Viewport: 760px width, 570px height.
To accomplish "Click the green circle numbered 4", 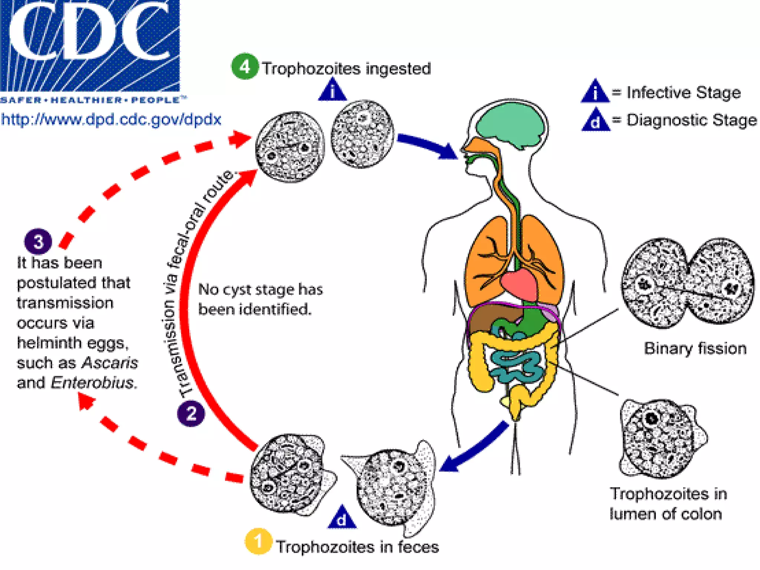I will (x=245, y=67).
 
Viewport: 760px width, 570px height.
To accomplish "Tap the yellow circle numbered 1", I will (x=258, y=541).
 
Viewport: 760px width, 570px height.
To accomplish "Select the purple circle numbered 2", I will (x=191, y=413).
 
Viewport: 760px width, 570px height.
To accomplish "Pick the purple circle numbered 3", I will (x=38, y=242).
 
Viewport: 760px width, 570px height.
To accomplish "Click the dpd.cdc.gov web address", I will (x=111, y=119).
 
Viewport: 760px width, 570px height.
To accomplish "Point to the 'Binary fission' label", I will (x=695, y=348).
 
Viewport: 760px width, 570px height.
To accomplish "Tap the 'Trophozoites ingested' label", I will (x=347, y=69).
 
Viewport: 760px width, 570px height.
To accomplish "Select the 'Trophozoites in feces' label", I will (x=357, y=547).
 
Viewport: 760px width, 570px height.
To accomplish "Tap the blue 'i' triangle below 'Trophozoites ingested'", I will (x=332, y=90).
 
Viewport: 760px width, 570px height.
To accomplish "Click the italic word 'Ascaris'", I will (x=110, y=363).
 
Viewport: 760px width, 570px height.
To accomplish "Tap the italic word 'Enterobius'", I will (x=92, y=383).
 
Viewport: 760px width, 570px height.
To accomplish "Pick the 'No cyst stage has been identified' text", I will (x=260, y=299).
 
